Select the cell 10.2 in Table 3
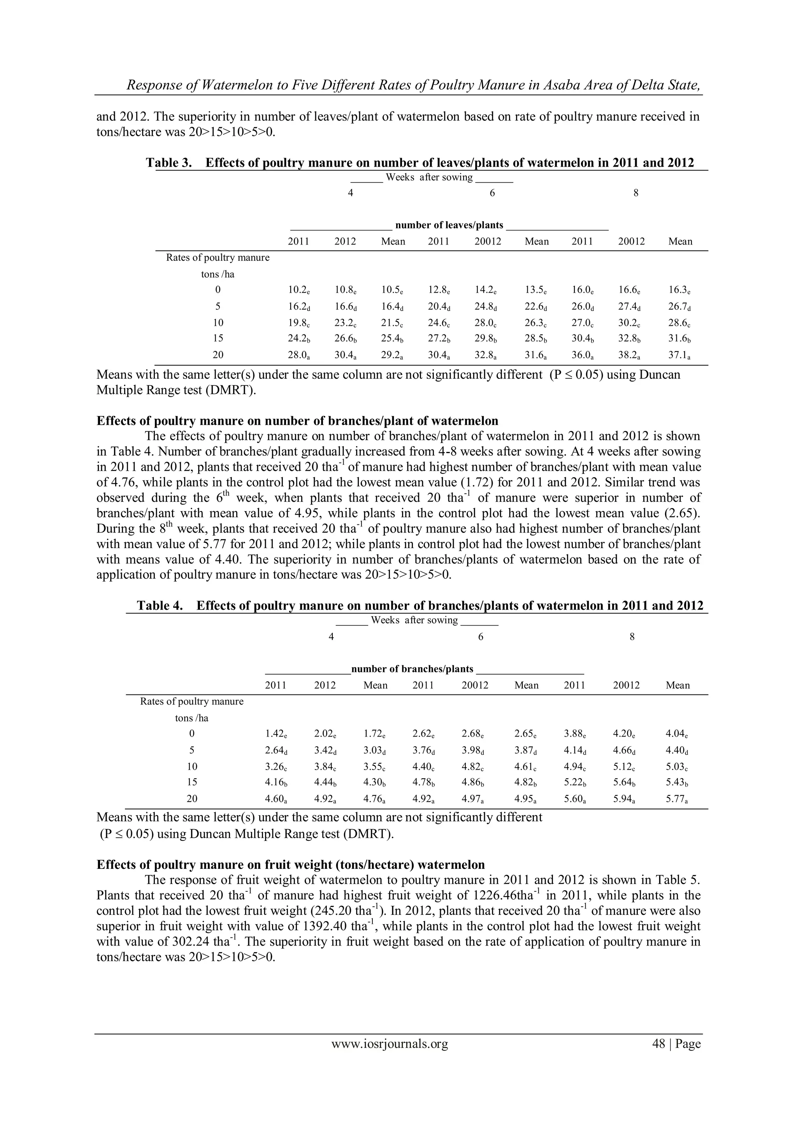click(x=297, y=290)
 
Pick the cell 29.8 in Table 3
click(x=487, y=338)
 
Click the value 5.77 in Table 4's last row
click(x=676, y=798)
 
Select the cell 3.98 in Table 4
click(x=473, y=751)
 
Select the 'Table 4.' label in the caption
click(x=160, y=606)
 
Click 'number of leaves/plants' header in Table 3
click(x=449, y=225)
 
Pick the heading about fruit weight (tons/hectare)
click(x=291, y=864)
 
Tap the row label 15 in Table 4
click(x=192, y=782)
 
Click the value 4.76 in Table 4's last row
click(x=374, y=798)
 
